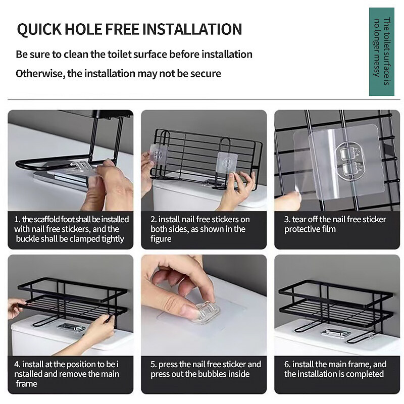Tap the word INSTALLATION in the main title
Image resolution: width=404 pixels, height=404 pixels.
[192, 29]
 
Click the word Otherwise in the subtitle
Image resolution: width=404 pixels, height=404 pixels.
[40, 74]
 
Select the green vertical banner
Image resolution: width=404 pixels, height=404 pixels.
[382, 52]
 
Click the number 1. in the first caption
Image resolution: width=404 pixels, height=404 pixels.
[17, 219]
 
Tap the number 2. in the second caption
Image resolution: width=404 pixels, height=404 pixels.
[154, 219]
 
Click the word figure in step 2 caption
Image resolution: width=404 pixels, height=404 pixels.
[161, 239]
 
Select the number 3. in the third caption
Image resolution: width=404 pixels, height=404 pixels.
[287, 219]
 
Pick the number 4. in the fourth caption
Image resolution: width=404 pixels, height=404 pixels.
[17, 364]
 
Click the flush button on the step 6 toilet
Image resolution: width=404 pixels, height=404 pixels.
[336, 333]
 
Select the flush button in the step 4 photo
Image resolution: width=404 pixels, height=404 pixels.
[71, 327]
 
